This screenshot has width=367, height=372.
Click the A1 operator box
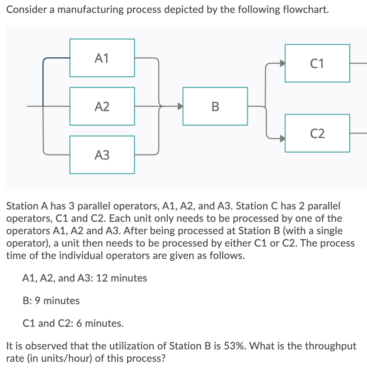(x=102, y=58)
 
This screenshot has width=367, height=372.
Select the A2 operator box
(x=102, y=106)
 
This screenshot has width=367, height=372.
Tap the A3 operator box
(x=102, y=155)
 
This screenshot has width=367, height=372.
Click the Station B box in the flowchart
(x=215, y=106)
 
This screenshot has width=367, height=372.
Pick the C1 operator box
(x=317, y=63)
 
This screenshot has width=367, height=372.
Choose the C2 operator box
(x=317, y=133)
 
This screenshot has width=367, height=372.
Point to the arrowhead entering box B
(x=179, y=106)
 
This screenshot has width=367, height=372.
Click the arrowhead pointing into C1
(x=282, y=63)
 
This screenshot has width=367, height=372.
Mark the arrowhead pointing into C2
(x=282, y=138)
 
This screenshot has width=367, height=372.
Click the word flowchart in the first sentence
(x=303, y=10)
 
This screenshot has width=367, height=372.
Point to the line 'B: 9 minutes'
(x=51, y=301)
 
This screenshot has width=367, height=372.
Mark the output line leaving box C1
(x=358, y=63)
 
